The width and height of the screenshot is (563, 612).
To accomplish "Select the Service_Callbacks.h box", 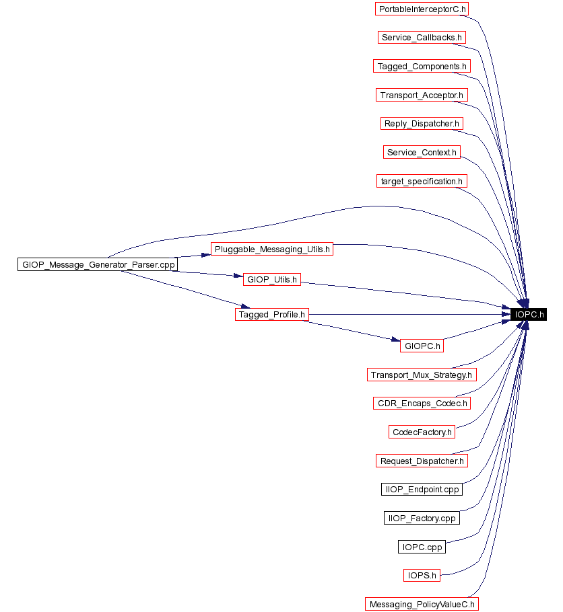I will [x=422, y=38].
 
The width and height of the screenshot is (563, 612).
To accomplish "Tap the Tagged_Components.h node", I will [x=422, y=66].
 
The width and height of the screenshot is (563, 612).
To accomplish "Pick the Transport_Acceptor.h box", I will [x=422, y=95].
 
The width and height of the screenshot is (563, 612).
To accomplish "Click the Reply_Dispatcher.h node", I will [x=422, y=123].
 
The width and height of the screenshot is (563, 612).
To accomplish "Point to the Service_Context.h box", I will [x=422, y=152].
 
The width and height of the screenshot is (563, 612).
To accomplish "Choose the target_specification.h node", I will [x=422, y=181].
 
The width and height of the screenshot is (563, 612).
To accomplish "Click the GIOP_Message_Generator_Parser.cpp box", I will [x=97, y=264].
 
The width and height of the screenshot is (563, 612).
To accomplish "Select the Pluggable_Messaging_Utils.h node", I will [x=272, y=249].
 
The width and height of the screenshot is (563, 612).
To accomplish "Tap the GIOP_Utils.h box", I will [x=272, y=279].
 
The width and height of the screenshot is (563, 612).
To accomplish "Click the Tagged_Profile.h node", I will [x=272, y=314].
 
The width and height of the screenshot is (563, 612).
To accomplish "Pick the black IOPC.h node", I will [x=529, y=314].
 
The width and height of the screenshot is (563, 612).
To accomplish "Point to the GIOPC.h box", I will [x=422, y=346].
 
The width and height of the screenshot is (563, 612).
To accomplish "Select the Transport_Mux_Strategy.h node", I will [x=422, y=375].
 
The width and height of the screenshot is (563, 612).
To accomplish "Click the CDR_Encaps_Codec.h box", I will [x=422, y=404].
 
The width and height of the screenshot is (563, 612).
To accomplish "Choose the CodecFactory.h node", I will [x=422, y=432].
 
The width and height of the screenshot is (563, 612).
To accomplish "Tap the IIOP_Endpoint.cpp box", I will [x=422, y=489].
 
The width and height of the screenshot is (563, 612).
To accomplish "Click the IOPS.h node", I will [x=422, y=575].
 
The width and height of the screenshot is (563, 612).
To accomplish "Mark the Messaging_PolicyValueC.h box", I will [x=422, y=604].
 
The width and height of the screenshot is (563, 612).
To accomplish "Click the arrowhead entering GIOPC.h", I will [x=395, y=341].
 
